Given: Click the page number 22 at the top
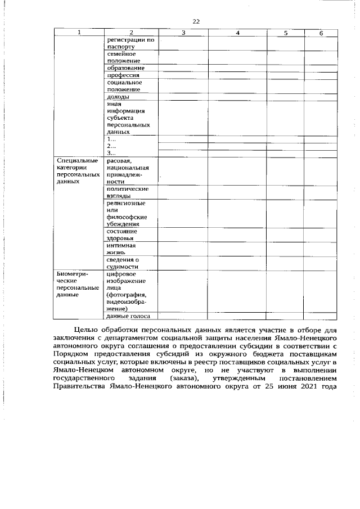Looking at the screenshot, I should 196,21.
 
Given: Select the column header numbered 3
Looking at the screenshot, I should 183,33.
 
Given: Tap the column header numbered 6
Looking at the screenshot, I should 321,33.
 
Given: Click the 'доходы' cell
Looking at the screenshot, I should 118,97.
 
